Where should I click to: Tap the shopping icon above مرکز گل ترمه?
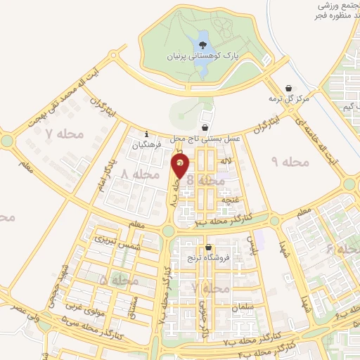[x=289, y=89]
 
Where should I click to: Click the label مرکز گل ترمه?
[x=289, y=99]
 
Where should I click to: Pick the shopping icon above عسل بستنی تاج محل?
[x=205, y=128]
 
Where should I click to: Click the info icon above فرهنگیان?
[x=146, y=134]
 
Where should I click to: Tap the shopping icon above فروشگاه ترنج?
[x=209, y=247]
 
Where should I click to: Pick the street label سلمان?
[x=242, y=308]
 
